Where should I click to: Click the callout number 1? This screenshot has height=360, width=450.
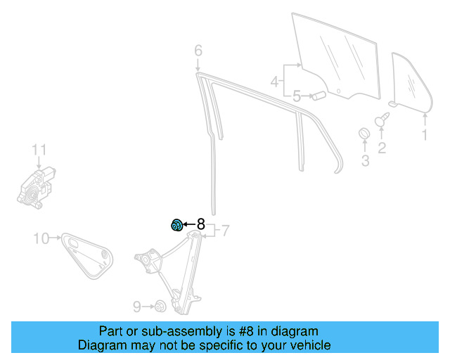424,134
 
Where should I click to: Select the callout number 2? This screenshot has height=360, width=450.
382,148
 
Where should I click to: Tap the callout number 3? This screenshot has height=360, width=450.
365,161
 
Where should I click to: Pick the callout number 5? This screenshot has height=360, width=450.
297,96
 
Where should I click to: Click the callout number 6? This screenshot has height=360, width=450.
198,51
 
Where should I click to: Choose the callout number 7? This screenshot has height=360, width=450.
225,230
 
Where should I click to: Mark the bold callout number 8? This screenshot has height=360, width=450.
200,224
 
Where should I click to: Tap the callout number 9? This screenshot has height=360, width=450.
137,306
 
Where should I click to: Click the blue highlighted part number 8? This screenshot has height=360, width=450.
177,225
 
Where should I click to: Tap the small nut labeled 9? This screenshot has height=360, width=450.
160,306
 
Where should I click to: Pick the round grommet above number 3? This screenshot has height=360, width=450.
365,134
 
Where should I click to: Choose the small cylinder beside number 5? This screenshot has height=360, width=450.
317,94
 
